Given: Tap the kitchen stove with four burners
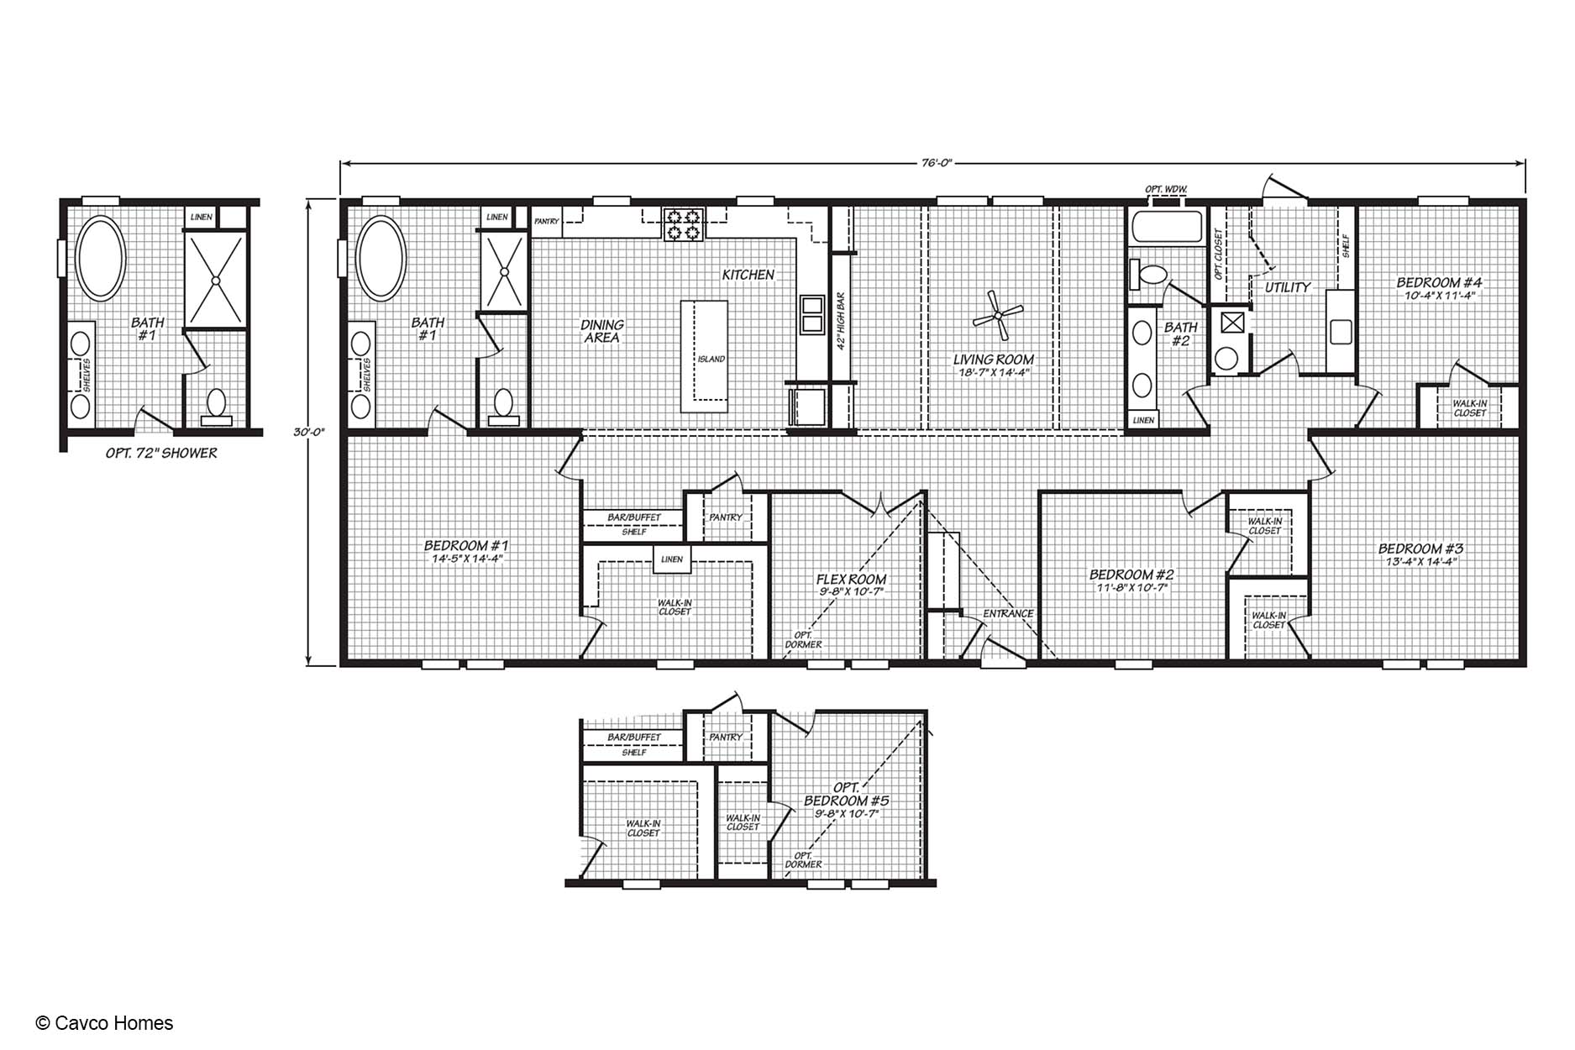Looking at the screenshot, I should point(682,223).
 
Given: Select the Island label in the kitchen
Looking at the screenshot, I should point(711,360).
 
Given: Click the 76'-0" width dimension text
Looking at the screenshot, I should point(932,164).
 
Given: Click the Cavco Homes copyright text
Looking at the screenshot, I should point(105,1023).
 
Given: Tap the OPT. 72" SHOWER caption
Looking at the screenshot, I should point(161,454).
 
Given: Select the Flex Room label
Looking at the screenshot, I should point(851,580).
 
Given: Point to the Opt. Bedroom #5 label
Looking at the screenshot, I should point(846,795).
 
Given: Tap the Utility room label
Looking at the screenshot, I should point(1287,287).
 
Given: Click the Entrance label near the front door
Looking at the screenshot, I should point(1008,614).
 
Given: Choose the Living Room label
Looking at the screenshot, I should point(993,360).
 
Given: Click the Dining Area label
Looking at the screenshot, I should point(602,331).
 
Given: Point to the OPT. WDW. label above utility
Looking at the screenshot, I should point(1166,189).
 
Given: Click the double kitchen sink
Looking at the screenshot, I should point(812,315).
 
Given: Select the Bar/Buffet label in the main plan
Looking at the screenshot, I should point(634,517).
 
